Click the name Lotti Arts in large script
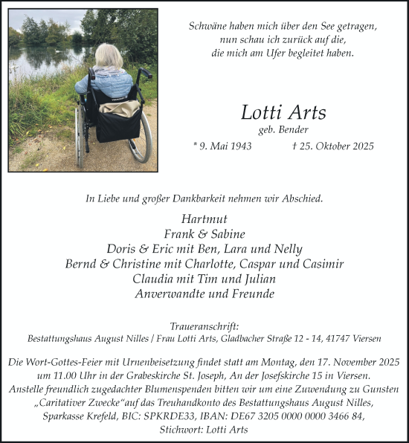click(283, 112)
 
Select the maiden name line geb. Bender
click(283, 130)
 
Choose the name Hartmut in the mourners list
click(204, 219)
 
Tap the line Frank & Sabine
click(204, 233)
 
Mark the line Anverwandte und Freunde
click(204, 294)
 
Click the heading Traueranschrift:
click(204, 326)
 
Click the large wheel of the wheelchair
click(141, 138)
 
